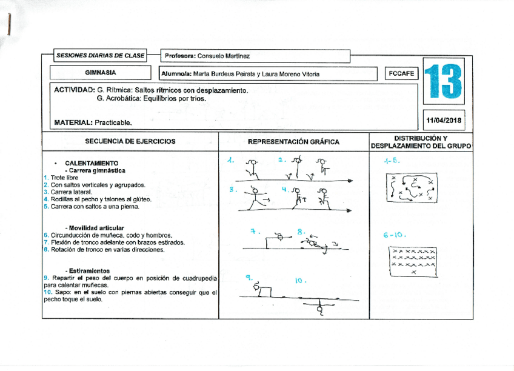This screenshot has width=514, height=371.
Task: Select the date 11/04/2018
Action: (444, 120)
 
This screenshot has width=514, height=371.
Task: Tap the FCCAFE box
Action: (401, 73)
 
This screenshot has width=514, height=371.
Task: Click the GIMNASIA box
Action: (101, 73)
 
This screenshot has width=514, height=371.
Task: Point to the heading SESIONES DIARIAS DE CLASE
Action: (100, 56)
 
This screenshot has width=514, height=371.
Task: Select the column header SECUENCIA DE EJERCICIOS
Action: (130, 141)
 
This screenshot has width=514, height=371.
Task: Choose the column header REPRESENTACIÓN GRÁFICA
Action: (293, 141)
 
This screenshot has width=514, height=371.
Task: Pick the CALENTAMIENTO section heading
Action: (92, 164)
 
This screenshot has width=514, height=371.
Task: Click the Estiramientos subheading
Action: (87, 270)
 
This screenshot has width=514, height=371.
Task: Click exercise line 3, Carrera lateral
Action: (70, 192)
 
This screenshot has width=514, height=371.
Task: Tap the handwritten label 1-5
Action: (391, 161)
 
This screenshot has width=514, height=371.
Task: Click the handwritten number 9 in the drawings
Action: (249, 277)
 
